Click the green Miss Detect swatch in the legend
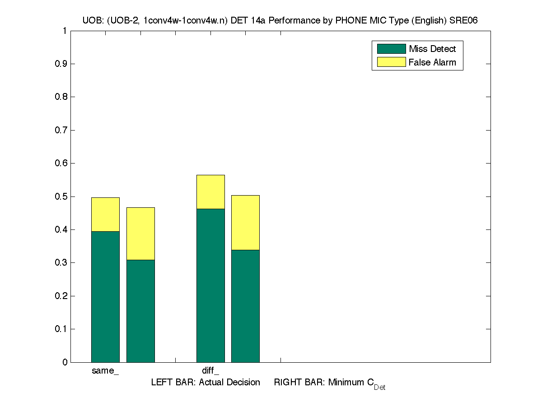pos(391,49)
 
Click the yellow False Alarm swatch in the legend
pos(391,62)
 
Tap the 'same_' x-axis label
pos(105,371)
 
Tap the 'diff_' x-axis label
pos(210,371)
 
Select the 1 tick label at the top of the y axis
pos(65,31)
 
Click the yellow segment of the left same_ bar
pos(105,215)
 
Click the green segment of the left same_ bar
pos(105,297)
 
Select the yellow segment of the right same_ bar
pos(140,234)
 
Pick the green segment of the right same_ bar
pos(140,311)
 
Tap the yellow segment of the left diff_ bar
pos(210,192)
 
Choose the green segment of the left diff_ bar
pos(210,285)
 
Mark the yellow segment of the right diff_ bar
pos(245,222)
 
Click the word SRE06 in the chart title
pos(466,20)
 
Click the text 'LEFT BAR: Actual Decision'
pos(206,383)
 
